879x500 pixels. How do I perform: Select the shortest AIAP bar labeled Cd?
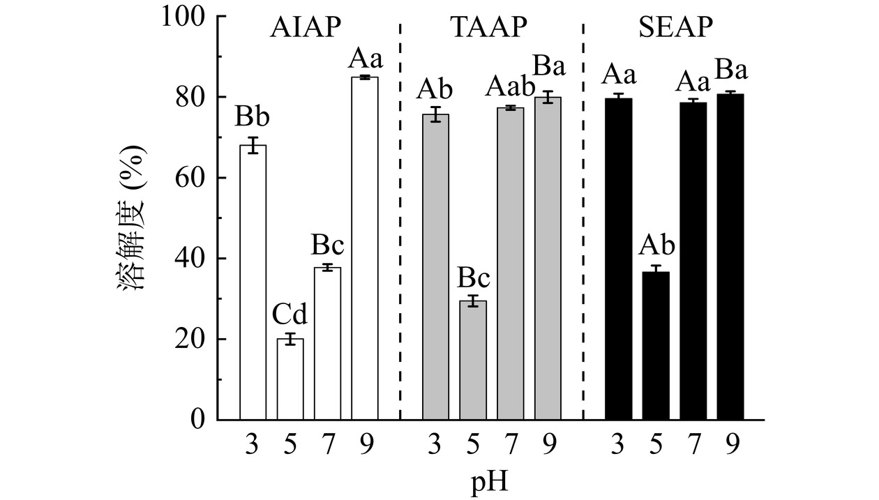(290, 379)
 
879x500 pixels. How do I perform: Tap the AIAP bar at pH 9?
(364, 248)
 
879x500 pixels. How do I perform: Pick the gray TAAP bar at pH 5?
(472, 360)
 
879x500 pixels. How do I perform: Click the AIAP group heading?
(306, 27)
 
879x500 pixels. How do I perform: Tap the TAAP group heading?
(488, 27)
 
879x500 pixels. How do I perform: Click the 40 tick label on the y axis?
(192, 259)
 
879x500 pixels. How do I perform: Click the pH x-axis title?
(491, 480)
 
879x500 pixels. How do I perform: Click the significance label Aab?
(510, 88)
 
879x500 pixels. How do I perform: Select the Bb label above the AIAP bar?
(253, 117)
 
